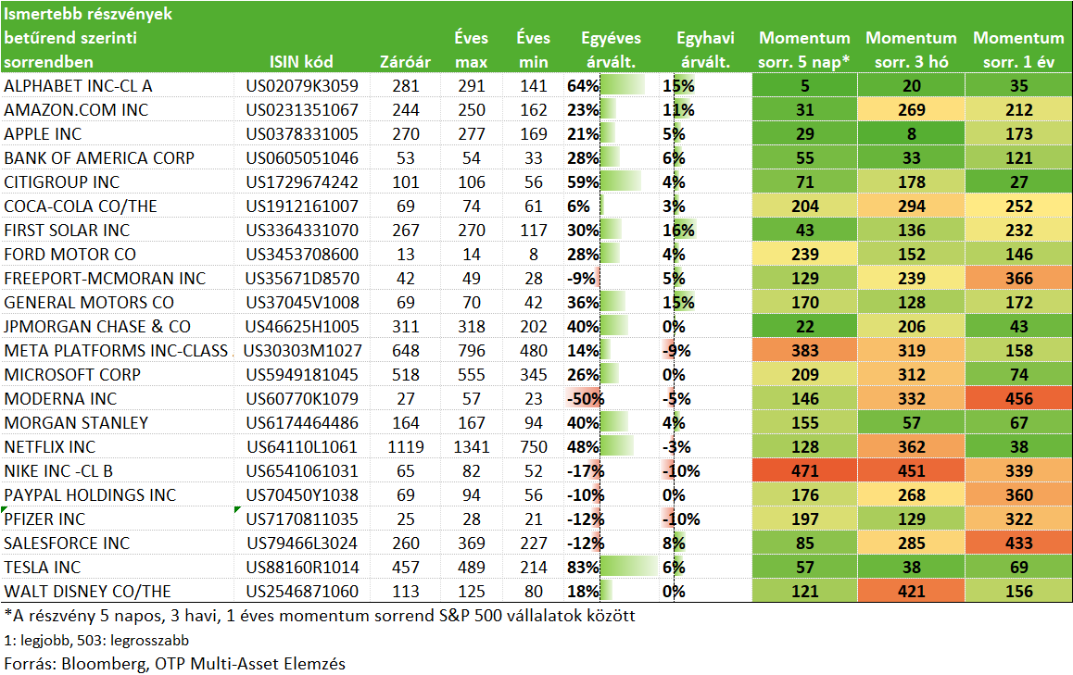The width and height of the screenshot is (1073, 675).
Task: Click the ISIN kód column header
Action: coord(301,61)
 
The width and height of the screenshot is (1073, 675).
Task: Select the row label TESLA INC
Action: coord(43,567)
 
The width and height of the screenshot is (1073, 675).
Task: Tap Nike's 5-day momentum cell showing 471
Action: coord(804,470)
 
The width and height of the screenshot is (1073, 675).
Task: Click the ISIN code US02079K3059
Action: coord(302,85)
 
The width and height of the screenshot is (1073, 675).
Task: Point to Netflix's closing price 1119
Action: coord(406,446)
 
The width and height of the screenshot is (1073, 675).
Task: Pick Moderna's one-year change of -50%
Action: coord(585,399)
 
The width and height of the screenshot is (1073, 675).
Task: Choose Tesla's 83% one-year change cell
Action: coord(583,567)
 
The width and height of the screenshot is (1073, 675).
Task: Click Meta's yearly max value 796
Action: coord(472,350)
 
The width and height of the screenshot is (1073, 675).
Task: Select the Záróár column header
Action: coord(405,61)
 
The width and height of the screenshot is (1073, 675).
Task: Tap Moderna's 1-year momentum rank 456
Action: coord(1019,399)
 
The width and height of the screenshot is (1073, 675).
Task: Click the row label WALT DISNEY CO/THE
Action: coord(88,591)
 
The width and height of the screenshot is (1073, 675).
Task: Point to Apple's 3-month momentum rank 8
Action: coord(912,133)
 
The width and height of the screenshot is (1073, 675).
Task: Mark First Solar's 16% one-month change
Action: coord(678,230)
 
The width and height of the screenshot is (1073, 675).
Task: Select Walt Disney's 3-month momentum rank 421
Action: coord(912,591)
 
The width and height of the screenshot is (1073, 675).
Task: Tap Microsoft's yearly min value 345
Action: coord(533,374)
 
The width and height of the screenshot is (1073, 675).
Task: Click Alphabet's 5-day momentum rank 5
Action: coord(804,85)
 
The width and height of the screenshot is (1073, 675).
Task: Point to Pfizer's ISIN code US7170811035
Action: coord(302,519)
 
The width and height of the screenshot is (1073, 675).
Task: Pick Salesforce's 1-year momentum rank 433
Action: coord(1019,543)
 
